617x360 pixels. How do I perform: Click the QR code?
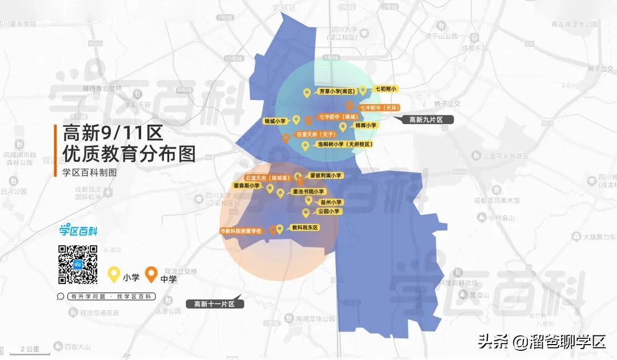(x=78, y=264)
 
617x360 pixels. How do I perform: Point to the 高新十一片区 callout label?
(x=215, y=304)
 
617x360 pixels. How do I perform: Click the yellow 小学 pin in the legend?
(x=114, y=275)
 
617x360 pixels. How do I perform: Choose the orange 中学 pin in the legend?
(x=151, y=275)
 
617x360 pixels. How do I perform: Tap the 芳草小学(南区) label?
(x=336, y=91)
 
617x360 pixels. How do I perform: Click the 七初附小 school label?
(x=386, y=89)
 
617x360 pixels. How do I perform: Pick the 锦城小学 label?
(x=274, y=121)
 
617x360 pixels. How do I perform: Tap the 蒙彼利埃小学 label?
(x=325, y=175)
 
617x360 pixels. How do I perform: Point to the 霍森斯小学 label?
(x=246, y=186)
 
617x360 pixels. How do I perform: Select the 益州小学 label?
(x=331, y=202)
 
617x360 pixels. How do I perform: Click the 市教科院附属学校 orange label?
(x=241, y=231)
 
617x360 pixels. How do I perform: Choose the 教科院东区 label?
(x=305, y=227)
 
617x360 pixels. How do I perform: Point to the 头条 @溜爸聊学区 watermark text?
(x=542, y=342)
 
